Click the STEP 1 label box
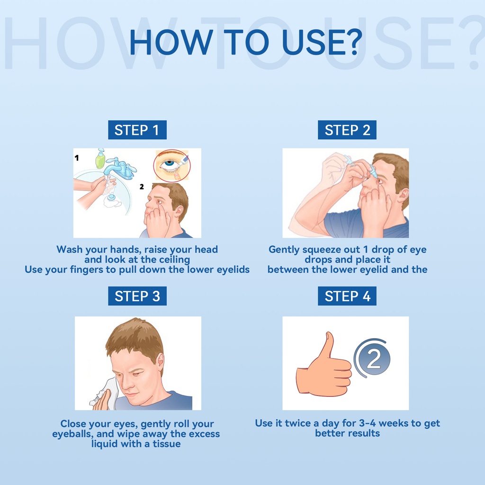click(137, 130)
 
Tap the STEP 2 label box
click(347, 130)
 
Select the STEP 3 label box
click(137, 296)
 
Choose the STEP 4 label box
click(347, 296)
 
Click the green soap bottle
click(100, 159)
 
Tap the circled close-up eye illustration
click(172, 165)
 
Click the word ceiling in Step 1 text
click(174, 260)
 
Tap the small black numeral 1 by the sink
click(77, 158)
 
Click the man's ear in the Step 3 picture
click(160, 360)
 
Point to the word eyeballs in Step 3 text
click(72, 434)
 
